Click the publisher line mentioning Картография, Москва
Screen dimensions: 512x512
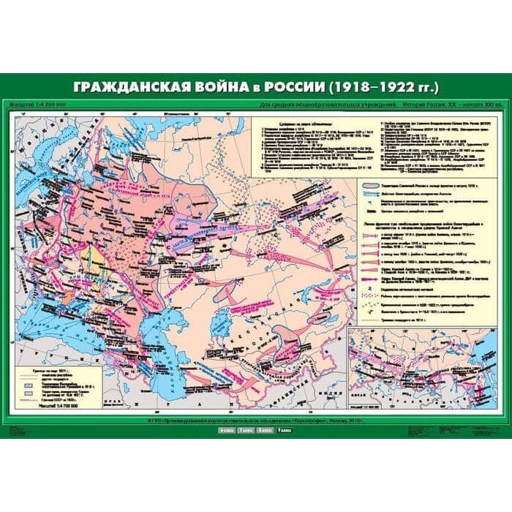click(x=256, y=423)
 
